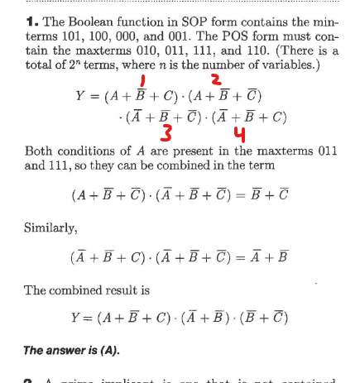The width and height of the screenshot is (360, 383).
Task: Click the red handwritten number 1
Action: coord(142,80)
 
